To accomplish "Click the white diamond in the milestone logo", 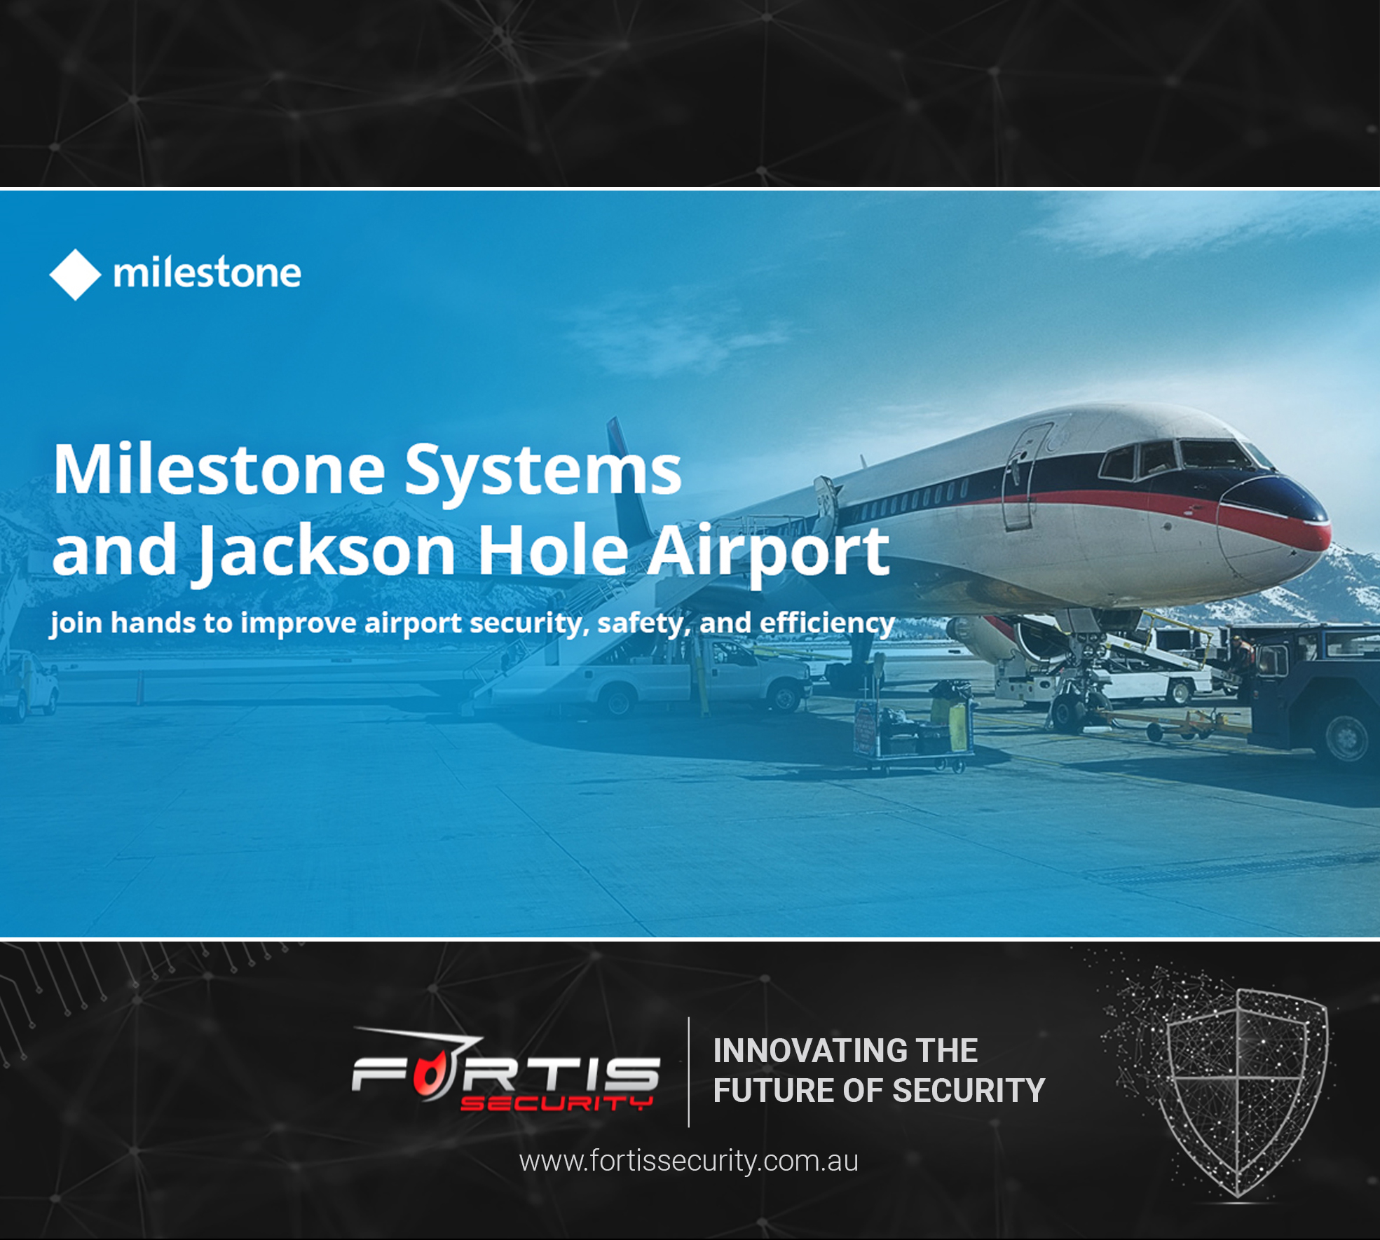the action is pos(75,275).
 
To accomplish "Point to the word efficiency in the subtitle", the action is pos(827,624).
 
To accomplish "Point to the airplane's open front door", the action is pos(1022,476).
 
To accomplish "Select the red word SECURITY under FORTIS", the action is pos(556,1103).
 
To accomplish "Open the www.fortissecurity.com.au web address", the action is pos(689,1161).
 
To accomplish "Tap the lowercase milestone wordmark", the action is pos(207,273).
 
